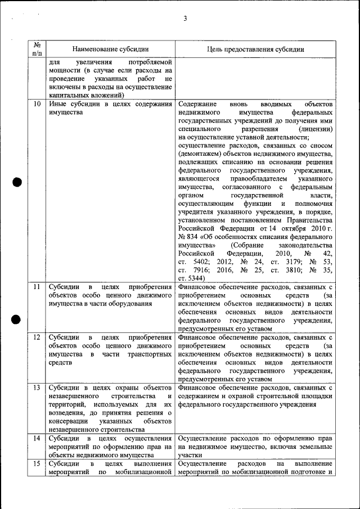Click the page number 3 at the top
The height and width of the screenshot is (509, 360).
[x=184, y=19]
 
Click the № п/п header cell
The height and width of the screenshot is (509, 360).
[x=37, y=49]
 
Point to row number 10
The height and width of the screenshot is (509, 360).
[x=37, y=104]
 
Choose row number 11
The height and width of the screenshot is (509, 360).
[x=37, y=287]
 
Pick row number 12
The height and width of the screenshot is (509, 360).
[x=37, y=337]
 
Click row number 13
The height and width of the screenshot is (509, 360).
[x=37, y=388]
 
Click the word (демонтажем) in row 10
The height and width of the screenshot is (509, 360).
[x=201, y=153]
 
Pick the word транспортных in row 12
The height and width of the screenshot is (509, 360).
[x=148, y=354]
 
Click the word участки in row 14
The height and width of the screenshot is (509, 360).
[x=190, y=455]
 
